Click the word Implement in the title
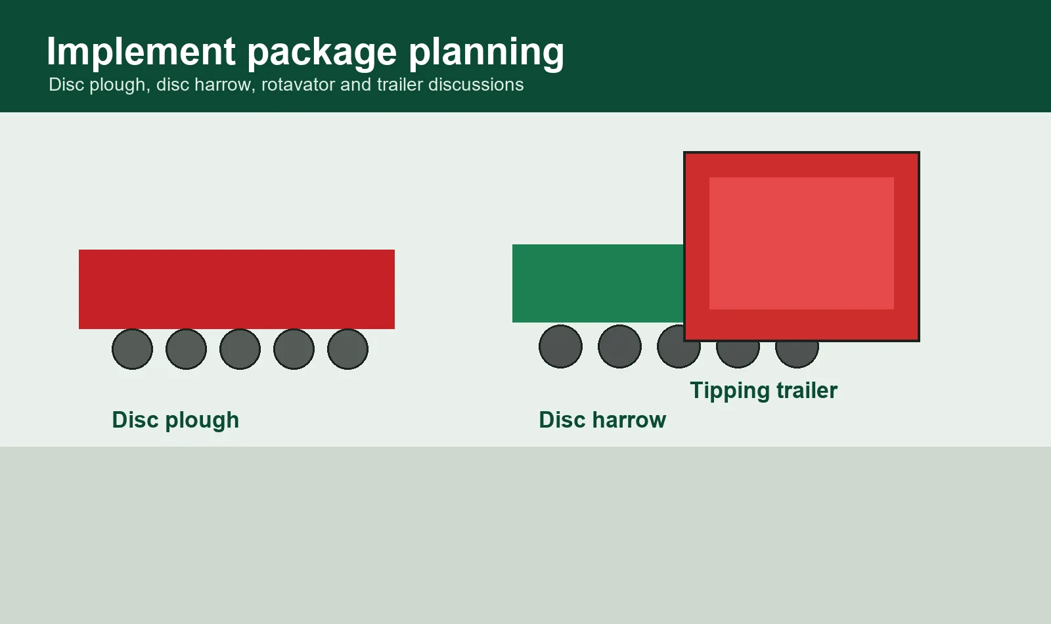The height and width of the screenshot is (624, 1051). tap(141, 51)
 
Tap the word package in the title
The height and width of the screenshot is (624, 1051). tap(322, 53)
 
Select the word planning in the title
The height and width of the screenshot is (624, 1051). tap(487, 53)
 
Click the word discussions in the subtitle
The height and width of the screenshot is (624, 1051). tap(476, 85)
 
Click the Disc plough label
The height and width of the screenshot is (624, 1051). tap(175, 420)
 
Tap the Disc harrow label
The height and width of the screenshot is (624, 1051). tap(602, 420)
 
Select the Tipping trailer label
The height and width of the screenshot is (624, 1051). tap(763, 391)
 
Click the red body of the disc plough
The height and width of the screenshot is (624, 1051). tap(236, 289)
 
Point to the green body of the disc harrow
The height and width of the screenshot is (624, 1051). tap(598, 283)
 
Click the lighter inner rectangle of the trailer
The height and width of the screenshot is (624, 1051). tap(801, 243)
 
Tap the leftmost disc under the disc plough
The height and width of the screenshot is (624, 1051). tap(132, 349)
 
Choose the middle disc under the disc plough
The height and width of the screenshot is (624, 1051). tap(240, 349)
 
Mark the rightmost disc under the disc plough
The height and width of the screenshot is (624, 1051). tap(347, 349)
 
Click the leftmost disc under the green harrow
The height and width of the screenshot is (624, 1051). tap(561, 346)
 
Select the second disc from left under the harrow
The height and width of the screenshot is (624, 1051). tap(620, 346)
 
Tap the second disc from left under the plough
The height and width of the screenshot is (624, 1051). tap(187, 349)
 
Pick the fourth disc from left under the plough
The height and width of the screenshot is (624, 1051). tap(294, 349)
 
